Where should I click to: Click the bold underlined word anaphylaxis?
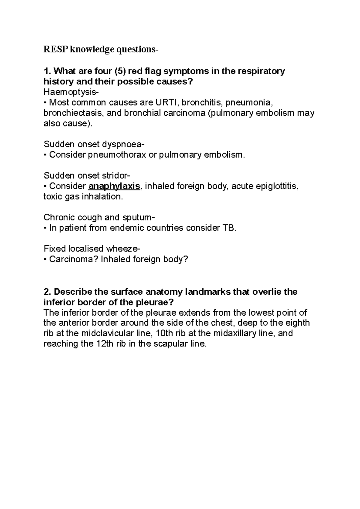114,186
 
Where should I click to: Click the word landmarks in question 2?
207,292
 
